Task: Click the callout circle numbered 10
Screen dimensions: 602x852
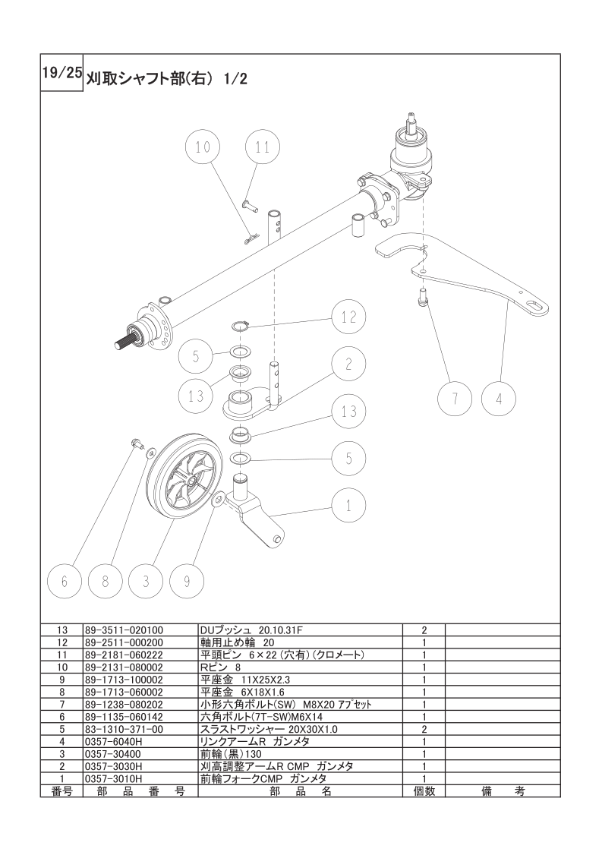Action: tap(203, 147)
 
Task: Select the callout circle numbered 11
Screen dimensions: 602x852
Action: tap(263, 147)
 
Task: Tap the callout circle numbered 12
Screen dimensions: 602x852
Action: tap(348, 317)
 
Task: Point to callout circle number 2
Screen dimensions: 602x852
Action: tap(348, 364)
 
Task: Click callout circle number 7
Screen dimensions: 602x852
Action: tap(455, 399)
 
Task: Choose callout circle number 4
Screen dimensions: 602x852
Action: tap(499, 399)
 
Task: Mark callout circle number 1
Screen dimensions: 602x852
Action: tap(348, 506)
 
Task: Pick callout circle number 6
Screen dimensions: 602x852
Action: tap(65, 581)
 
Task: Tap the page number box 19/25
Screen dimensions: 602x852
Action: tap(61, 73)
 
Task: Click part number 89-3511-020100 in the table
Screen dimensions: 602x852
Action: tap(124, 630)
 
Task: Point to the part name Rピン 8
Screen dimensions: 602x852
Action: tap(221, 667)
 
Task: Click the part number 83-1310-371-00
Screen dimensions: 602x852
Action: tap(124, 729)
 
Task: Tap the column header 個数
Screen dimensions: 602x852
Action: tap(424, 791)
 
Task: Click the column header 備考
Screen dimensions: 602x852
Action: tap(503, 791)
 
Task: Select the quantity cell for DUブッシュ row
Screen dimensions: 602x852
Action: tap(424, 630)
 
